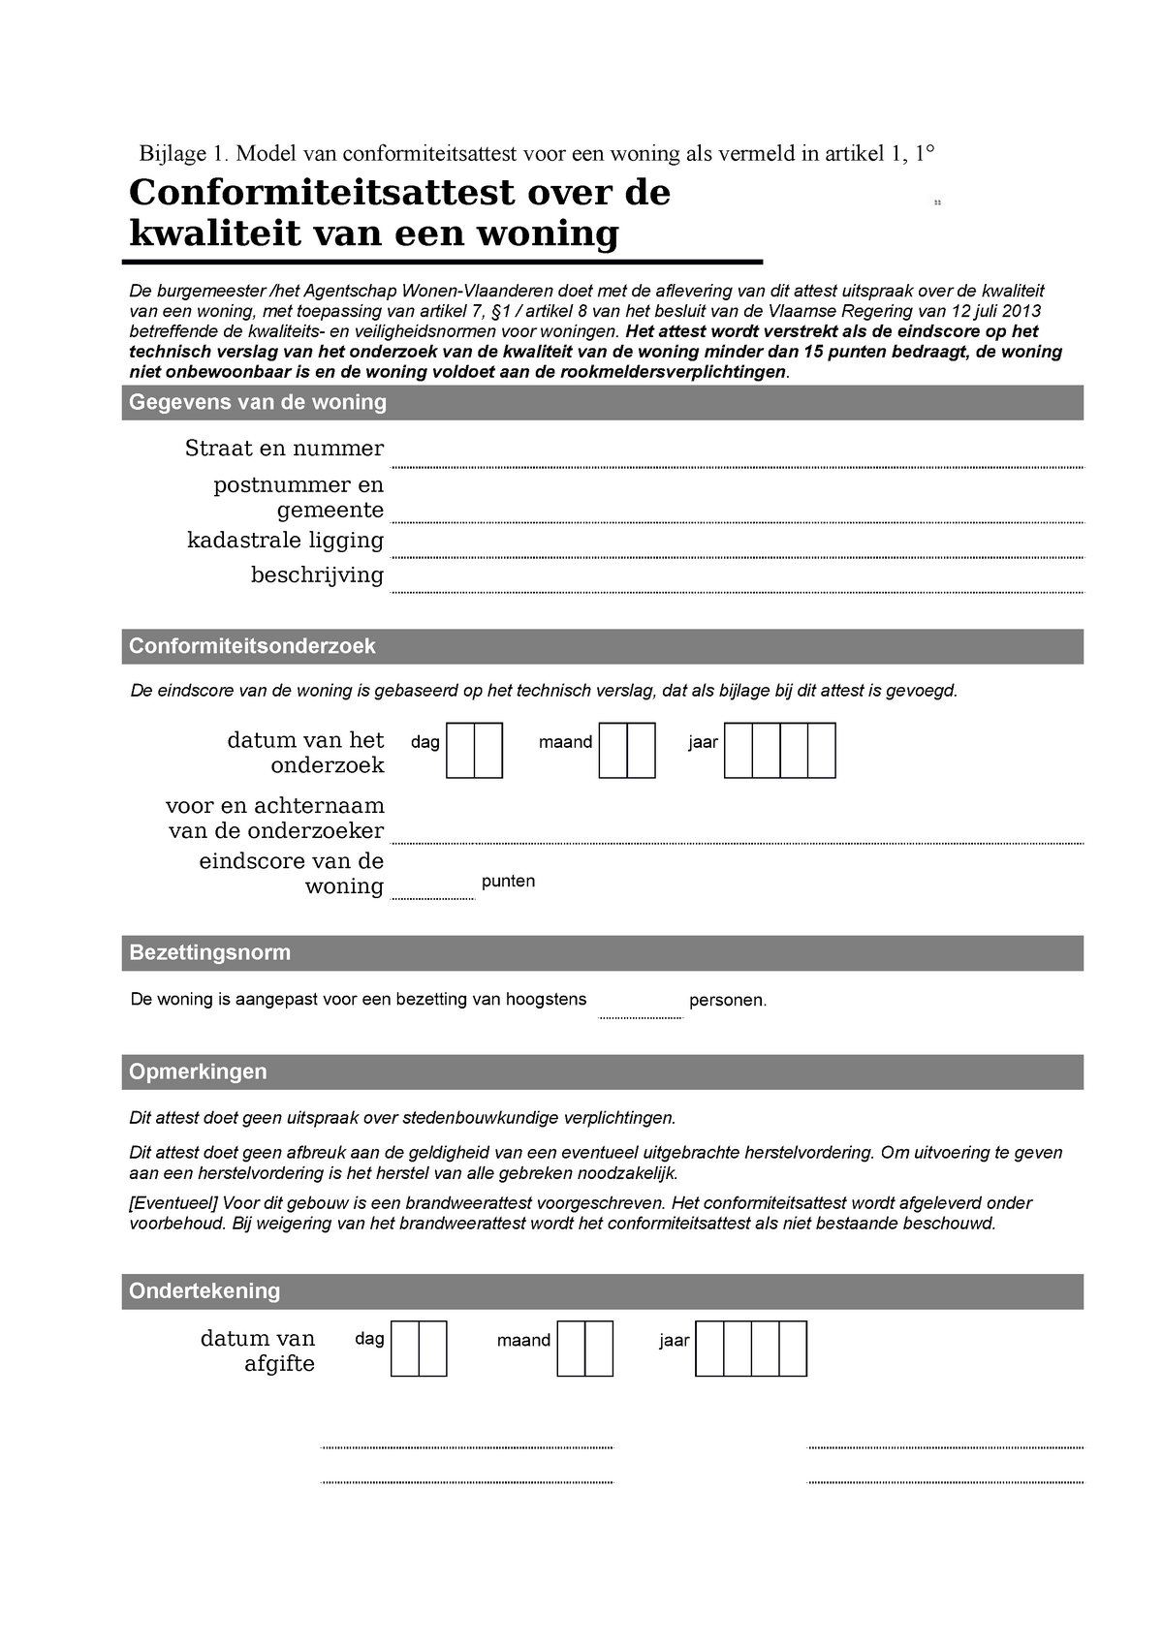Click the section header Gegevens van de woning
[x=258, y=402]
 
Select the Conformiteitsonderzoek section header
[x=252, y=646]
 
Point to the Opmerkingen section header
[x=198, y=1071]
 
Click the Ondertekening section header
[x=204, y=1290]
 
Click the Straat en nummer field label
[x=284, y=449]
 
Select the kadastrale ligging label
[x=285, y=541]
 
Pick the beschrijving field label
[x=317, y=575]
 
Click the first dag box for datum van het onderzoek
[x=460, y=751]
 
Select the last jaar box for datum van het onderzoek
[x=822, y=751]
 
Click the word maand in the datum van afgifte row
[x=523, y=1341]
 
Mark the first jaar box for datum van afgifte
[x=709, y=1349]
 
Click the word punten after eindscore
[x=508, y=882]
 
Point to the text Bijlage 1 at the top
[x=181, y=153]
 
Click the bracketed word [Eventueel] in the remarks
[x=174, y=1203]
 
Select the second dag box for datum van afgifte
[x=433, y=1349]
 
